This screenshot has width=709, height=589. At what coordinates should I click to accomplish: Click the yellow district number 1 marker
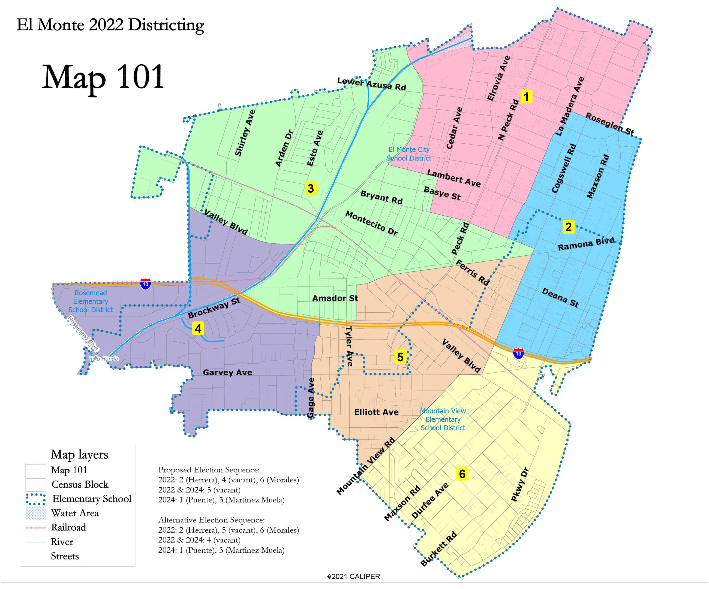[x=526, y=97]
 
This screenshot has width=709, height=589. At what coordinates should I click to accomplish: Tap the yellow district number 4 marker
[x=198, y=328]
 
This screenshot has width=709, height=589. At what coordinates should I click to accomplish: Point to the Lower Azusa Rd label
[x=371, y=84]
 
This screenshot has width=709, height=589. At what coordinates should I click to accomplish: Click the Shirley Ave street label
[x=245, y=133]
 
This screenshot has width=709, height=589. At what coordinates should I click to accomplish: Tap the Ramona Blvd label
[x=586, y=244]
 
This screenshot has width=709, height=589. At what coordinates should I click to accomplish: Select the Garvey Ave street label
[x=227, y=372]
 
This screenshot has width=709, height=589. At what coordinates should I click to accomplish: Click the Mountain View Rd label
[x=366, y=466]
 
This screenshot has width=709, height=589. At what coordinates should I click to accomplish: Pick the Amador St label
[x=335, y=298]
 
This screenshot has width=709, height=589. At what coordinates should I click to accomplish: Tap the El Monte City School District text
[x=409, y=153]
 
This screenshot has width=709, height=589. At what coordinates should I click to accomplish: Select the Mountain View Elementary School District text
[x=443, y=419]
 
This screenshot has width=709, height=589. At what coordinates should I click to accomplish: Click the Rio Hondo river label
[x=104, y=359]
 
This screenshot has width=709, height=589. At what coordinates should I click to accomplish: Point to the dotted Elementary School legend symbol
[x=36, y=499]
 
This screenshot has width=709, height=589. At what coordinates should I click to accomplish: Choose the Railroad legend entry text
[x=68, y=527]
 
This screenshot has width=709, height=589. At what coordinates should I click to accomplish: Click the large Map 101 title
[x=103, y=78]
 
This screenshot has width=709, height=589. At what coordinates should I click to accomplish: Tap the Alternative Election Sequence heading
[x=211, y=520]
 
